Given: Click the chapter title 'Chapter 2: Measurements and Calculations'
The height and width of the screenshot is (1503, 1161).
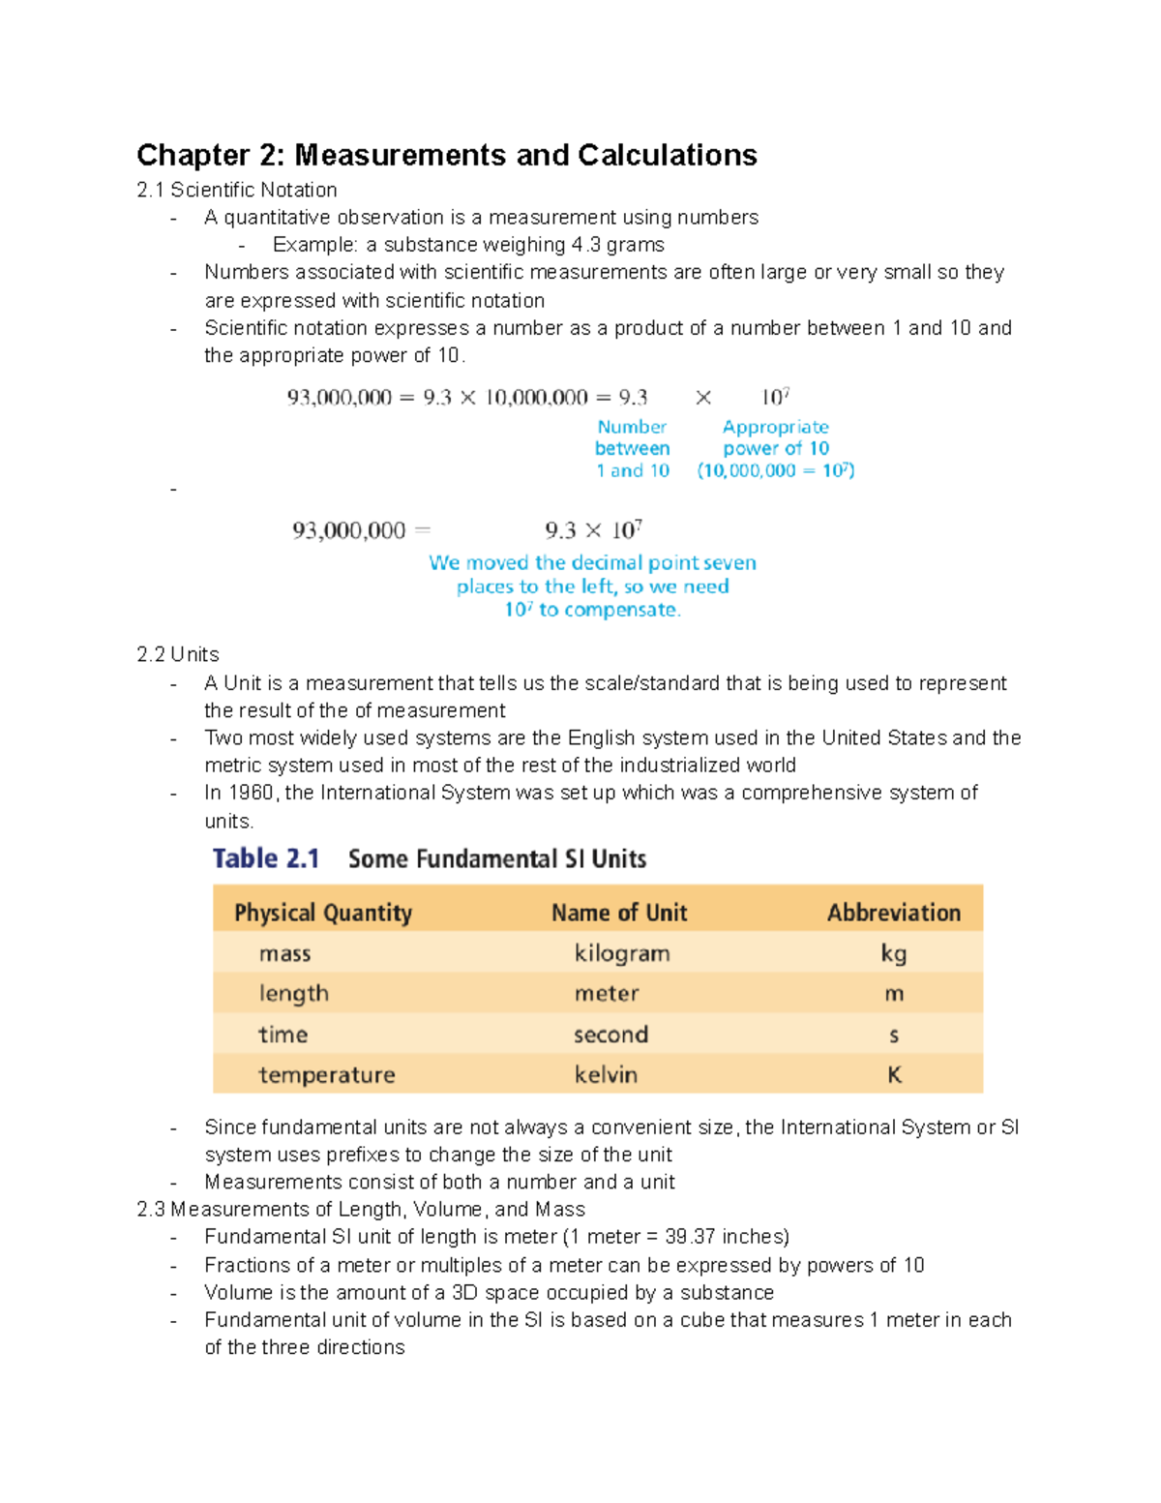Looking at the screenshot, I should click(446, 155).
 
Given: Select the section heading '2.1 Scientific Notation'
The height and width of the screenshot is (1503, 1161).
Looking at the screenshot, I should click(237, 190).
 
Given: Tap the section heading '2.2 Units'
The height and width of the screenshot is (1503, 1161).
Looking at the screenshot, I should click(178, 654).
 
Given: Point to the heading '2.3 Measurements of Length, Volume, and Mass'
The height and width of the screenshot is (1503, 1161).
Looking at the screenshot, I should click(361, 1209).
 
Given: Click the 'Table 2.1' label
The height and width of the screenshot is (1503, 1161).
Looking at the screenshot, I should click(266, 858).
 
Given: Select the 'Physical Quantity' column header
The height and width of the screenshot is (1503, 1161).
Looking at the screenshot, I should click(323, 913).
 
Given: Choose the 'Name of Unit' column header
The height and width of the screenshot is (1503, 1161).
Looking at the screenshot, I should click(619, 913).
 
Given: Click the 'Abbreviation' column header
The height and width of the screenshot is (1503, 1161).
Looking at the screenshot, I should click(893, 913).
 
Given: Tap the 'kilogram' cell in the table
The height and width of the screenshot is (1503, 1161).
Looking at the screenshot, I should click(622, 953).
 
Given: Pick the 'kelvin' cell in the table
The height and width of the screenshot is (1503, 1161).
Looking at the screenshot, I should click(606, 1074).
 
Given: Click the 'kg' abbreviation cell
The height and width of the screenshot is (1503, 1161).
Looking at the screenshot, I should click(893, 953).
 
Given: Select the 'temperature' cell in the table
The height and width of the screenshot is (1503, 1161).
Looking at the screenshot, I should click(327, 1074).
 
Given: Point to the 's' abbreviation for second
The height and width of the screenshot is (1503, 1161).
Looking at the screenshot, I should click(893, 1035).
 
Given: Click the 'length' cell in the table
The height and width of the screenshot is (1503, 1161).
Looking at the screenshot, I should click(294, 994).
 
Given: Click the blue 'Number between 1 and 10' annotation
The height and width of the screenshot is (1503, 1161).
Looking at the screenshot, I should click(632, 448).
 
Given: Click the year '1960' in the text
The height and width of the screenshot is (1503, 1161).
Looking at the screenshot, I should click(252, 793).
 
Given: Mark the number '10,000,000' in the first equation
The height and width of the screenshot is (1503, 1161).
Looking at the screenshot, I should click(536, 398).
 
